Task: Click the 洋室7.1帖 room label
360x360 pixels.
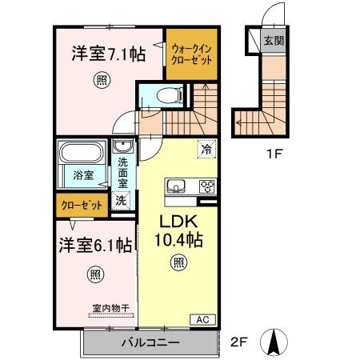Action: click(x=107, y=54)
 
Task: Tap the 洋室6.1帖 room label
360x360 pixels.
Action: click(x=93, y=246)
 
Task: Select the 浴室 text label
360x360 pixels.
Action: click(x=83, y=173)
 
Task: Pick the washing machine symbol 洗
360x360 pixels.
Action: click(x=122, y=200)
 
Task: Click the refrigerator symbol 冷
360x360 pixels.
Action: click(x=206, y=148)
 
